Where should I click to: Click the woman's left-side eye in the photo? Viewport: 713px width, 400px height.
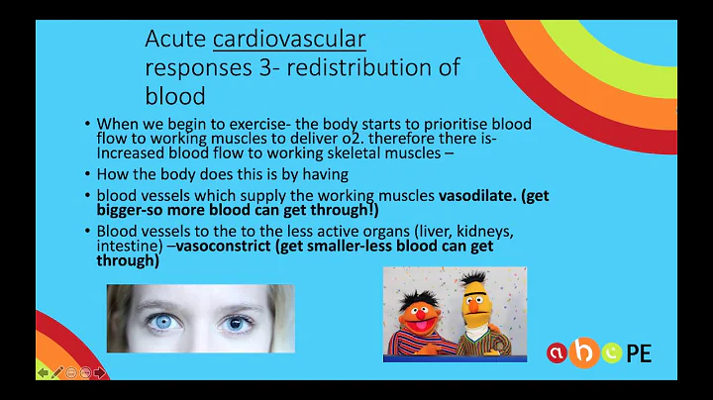[x=158, y=321]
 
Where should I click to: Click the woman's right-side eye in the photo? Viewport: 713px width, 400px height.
[x=236, y=323]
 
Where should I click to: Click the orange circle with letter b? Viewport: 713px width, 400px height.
[x=589, y=349]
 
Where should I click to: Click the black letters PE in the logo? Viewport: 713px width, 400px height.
[x=639, y=352]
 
